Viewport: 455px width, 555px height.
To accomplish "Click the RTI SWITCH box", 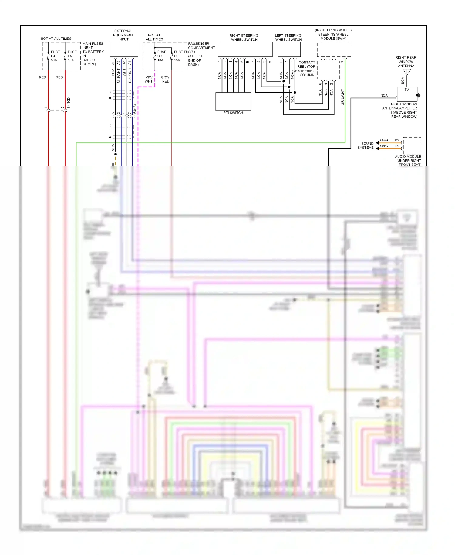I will [233, 101].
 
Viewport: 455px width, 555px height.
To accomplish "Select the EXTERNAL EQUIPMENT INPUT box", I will [124, 49].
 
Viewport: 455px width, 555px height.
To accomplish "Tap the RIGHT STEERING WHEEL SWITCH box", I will [245, 49].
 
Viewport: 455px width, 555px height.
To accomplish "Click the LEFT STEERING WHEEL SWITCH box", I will [289, 49].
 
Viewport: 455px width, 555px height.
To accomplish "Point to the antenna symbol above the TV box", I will [407, 72].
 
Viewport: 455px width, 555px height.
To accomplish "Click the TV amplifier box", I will [407, 94].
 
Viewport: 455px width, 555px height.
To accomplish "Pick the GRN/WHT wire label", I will [342, 97].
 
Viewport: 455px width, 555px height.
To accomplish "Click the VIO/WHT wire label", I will [149, 79].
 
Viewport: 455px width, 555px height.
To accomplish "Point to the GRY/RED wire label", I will [165, 79].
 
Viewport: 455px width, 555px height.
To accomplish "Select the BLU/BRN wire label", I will [130, 76].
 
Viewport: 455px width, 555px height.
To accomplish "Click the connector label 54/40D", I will [69, 103].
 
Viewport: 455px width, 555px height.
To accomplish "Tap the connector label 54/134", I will [135, 108].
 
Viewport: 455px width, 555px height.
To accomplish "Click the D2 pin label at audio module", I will [397, 140].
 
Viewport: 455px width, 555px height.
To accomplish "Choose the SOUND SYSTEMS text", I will [366, 145].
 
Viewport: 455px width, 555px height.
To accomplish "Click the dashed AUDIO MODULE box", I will [412, 145].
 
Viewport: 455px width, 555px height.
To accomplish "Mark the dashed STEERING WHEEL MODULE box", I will [334, 49].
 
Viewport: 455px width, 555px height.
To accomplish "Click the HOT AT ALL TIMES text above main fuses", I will [56, 39].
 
